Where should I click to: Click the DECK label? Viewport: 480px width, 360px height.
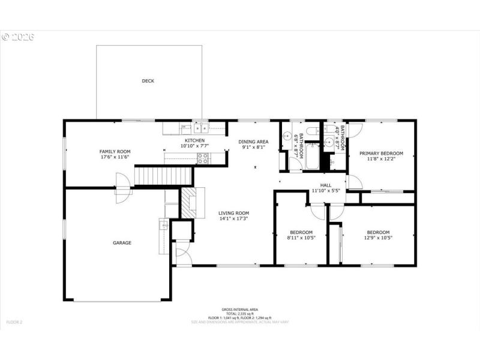point(148,81)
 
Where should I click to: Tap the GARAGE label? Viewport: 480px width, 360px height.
point(122,243)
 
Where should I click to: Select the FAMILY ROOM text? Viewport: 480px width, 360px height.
point(115,152)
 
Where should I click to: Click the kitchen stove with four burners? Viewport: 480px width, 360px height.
point(203,158)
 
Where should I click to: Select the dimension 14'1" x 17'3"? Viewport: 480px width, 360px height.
point(233,219)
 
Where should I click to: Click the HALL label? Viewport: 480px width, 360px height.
point(326,185)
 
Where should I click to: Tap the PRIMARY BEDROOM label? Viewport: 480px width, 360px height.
point(381,154)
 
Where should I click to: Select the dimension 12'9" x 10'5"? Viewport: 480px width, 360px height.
point(378,238)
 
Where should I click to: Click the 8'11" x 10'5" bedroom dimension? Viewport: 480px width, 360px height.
point(301,238)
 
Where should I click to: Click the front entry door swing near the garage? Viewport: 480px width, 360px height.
point(184,257)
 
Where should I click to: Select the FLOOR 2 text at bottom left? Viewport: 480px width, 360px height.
point(14,322)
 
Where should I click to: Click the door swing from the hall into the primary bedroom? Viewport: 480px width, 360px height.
point(354,182)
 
